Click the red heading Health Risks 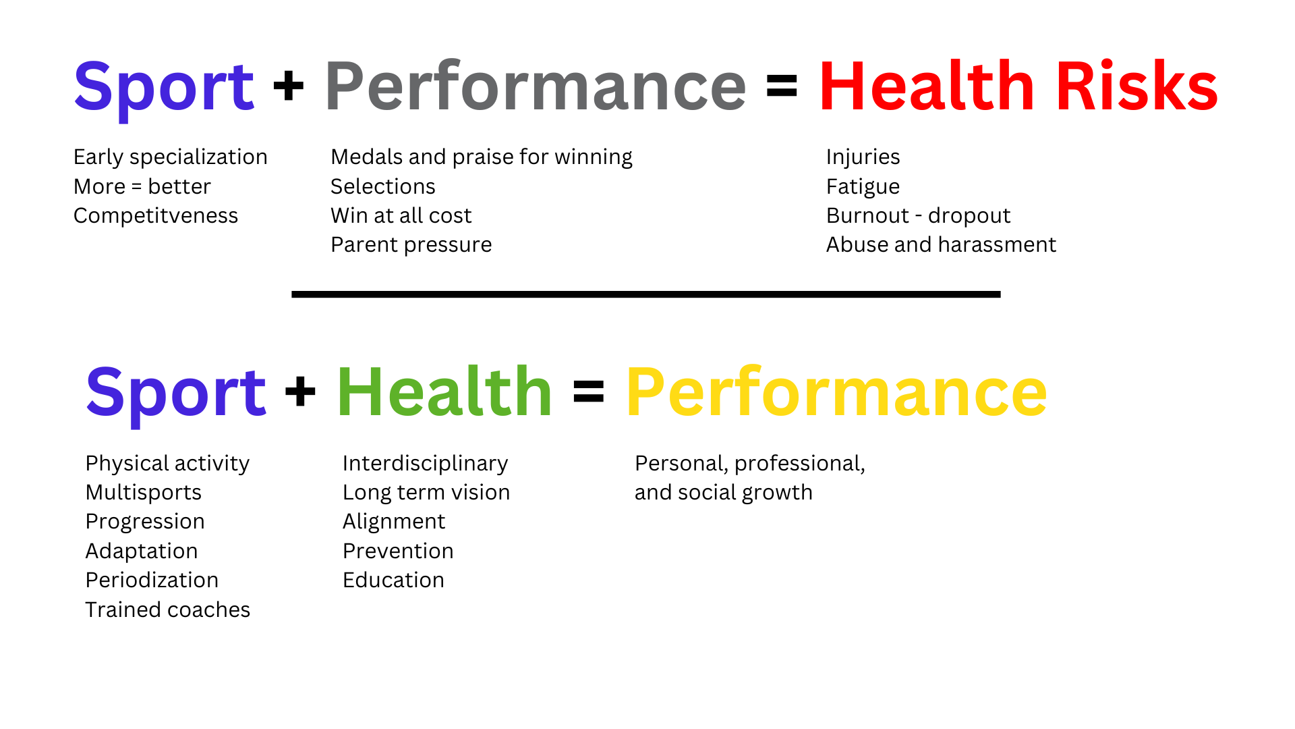pyautogui.click(x=1018, y=86)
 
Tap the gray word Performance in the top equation pyautogui.click(x=536, y=86)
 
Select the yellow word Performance pyautogui.click(x=836, y=393)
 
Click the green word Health pyautogui.click(x=444, y=393)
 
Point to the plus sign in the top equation pyautogui.click(x=289, y=86)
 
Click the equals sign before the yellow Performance pyautogui.click(x=588, y=391)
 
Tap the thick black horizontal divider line pyautogui.click(x=645, y=294)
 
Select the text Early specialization pyautogui.click(x=171, y=157)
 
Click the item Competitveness pyautogui.click(x=156, y=215)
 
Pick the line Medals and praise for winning pyautogui.click(x=482, y=157)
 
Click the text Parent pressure pyautogui.click(x=411, y=244)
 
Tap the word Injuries pyautogui.click(x=863, y=157)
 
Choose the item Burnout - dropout pyautogui.click(x=918, y=215)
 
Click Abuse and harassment pyautogui.click(x=941, y=244)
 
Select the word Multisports pyautogui.click(x=144, y=492)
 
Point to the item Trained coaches pyautogui.click(x=168, y=610)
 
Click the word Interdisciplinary pyautogui.click(x=425, y=463)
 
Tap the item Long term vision pyautogui.click(x=426, y=492)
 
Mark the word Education pyautogui.click(x=393, y=580)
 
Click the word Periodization pyautogui.click(x=152, y=580)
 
